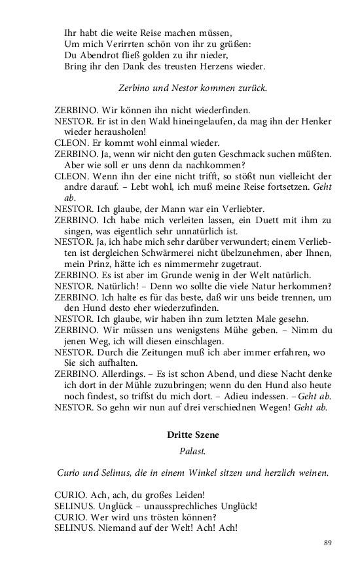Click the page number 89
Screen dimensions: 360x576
[327, 542]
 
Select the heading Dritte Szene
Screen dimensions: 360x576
[192, 435]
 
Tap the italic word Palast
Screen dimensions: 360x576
[192, 452]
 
